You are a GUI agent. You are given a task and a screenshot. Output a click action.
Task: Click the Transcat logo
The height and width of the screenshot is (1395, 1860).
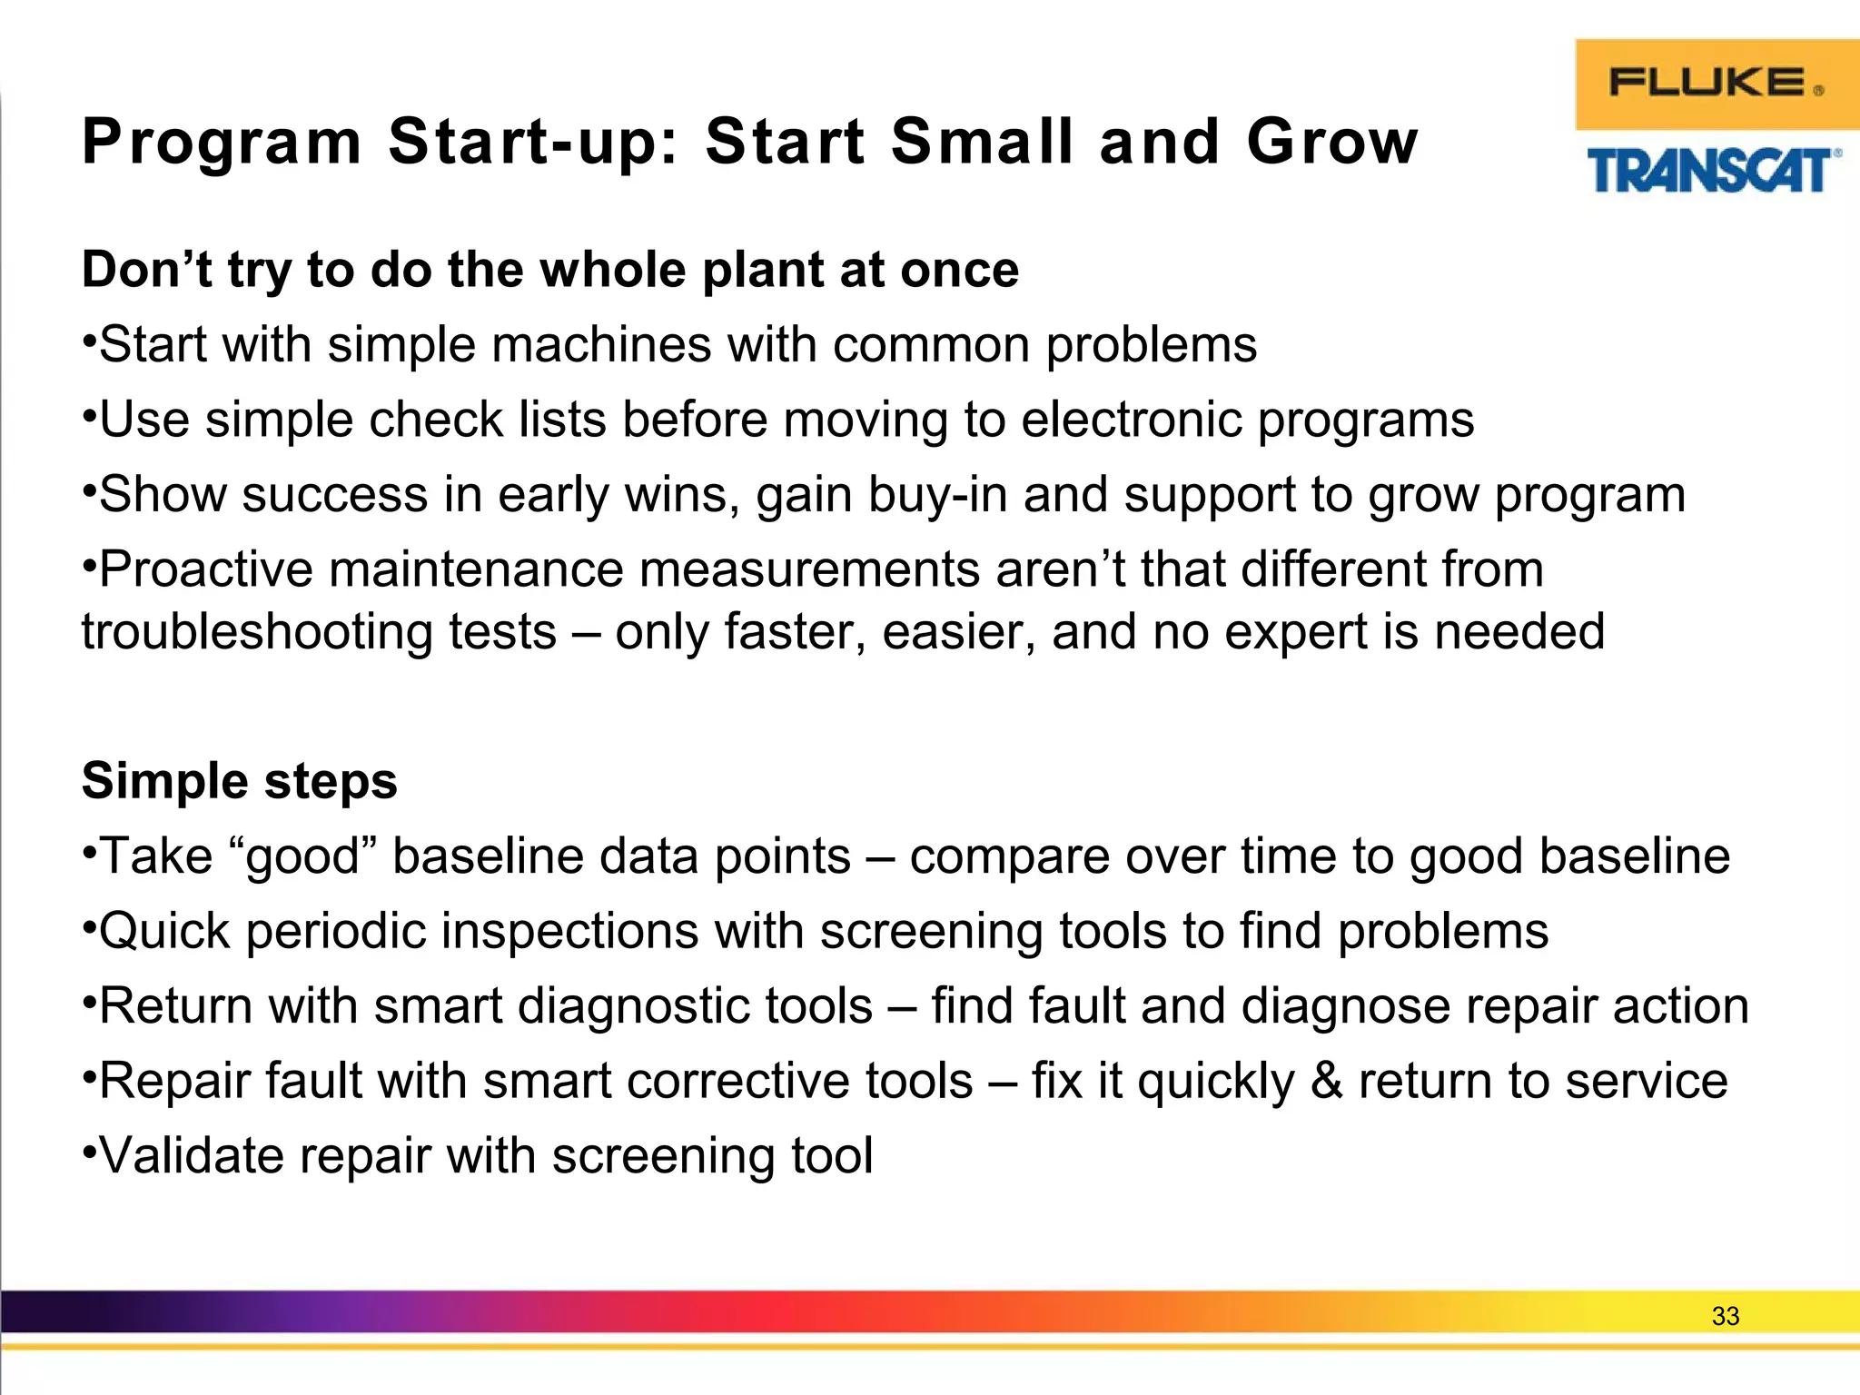point(1713,171)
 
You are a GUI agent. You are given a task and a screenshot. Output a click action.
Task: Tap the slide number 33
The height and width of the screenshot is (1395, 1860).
point(1725,1316)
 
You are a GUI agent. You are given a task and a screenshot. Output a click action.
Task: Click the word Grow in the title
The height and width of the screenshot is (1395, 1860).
point(1331,143)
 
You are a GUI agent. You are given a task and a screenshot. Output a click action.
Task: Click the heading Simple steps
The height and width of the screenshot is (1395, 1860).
point(240,781)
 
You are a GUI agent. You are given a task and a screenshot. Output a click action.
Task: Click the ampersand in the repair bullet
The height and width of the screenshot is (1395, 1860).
point(1326,1082)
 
